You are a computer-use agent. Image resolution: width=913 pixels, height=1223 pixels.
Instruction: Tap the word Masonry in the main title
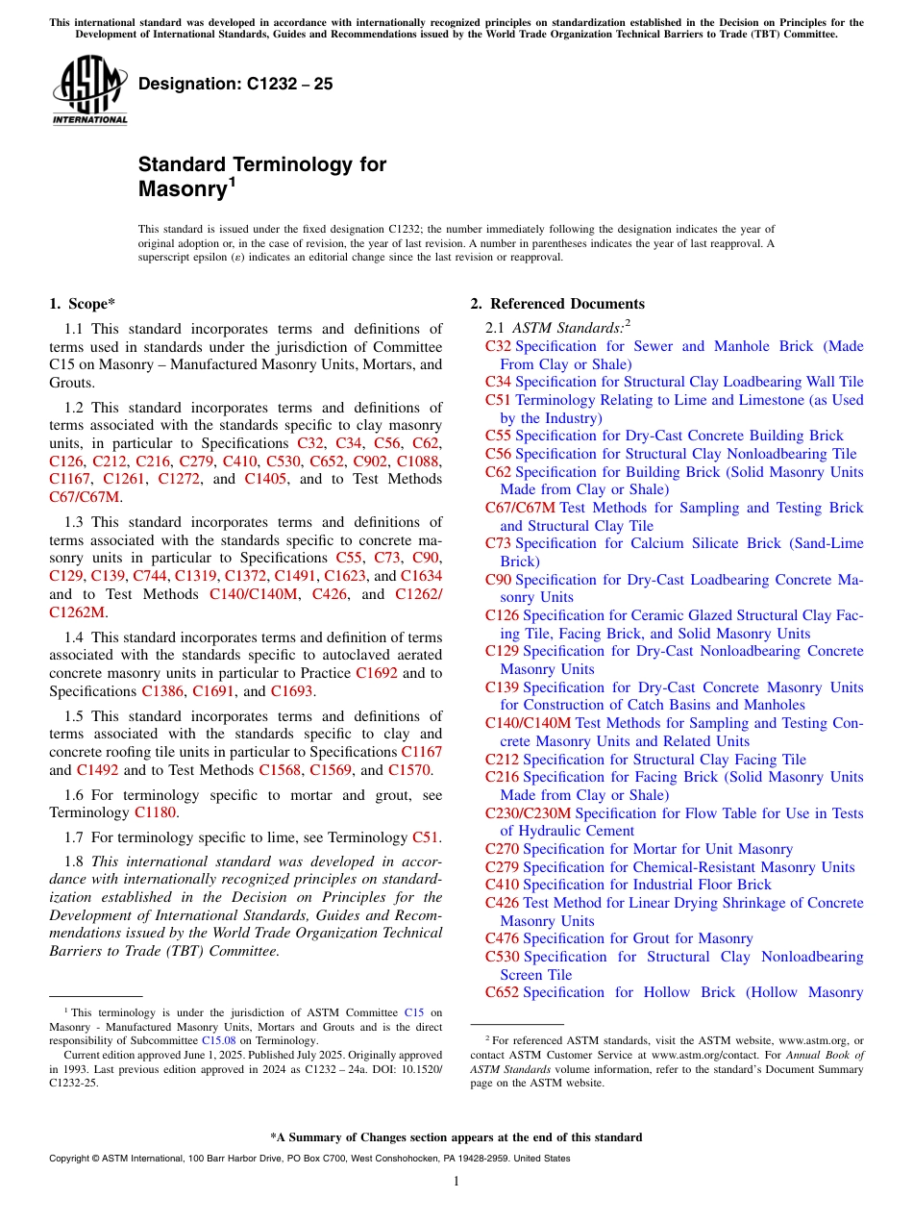coord(182,188)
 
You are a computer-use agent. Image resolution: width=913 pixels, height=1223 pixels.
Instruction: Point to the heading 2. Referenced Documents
coord(556,304)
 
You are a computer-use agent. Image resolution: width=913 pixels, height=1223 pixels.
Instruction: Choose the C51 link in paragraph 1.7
coord(426,837)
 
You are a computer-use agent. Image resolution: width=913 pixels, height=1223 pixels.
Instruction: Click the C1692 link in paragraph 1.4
coord(376,673)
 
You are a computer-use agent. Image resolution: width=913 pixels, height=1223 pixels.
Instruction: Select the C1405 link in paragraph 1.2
coord(265,479)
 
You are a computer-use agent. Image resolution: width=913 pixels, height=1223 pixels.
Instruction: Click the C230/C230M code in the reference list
coord(528,813)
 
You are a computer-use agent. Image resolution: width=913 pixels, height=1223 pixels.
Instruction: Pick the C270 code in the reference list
coord(502,849)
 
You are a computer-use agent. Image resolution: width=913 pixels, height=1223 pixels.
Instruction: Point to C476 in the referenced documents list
coord(502,938)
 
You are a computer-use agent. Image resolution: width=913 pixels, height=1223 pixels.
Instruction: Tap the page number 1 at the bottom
coord(456,1181)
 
